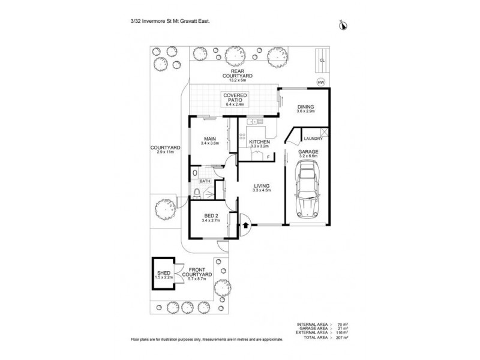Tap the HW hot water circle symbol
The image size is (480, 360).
(x=320, y=83)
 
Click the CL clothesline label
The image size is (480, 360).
(x=322, y=60)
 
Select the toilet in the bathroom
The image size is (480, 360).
(x=197, y=192)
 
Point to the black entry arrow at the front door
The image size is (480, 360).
(x=245, y=226)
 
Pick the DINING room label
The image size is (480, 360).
(x=306, y=108)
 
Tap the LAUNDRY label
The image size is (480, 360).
(x=314, y=139)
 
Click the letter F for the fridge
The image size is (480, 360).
(x=268, y=157)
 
